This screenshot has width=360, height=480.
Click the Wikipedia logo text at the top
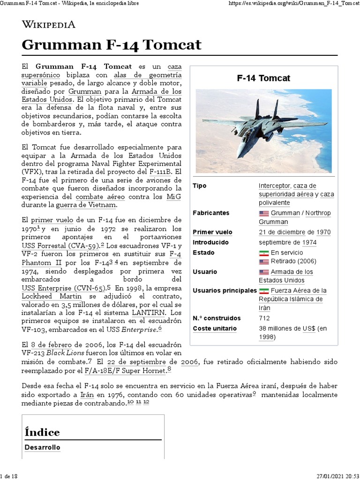tap(48, 24)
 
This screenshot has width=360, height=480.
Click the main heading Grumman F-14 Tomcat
tap(112, 45)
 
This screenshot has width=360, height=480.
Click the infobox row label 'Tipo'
tap(200, 186)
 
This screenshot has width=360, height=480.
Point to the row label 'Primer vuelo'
tap(212, 232)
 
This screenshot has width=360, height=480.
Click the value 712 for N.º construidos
tap(264, 318)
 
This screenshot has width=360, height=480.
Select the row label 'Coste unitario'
tap(215, 329)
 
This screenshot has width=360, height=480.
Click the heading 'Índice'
tap(42, 432)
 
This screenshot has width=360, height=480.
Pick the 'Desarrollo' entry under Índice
tap(42, 447)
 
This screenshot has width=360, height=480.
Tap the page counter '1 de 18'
tap(9, 476)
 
